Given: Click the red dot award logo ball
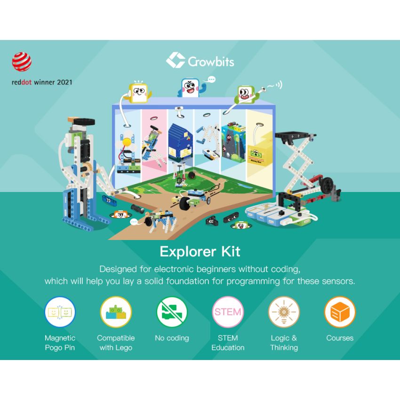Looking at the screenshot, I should click(22, 62).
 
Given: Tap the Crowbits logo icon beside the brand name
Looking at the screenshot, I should click(176, 60).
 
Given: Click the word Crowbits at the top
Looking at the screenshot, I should click(211, 62).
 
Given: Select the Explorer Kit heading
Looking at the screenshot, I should click(200, 251).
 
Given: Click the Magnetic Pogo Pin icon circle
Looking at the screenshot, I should click(60, 312).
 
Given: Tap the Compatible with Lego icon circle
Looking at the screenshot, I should click(116, 312).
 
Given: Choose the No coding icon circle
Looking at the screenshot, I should click(172, 312).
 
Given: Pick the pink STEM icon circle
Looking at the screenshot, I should click(228, 312).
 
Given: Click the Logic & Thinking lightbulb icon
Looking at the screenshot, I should click(284, 312).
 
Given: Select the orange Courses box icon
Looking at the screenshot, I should click(340, 312).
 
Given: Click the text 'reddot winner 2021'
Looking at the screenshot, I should click(42, 82).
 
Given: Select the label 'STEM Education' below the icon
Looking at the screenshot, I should click(228, 343).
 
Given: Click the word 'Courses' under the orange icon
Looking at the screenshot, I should click(340, 338).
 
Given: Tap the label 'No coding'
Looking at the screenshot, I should click(172, 338).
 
